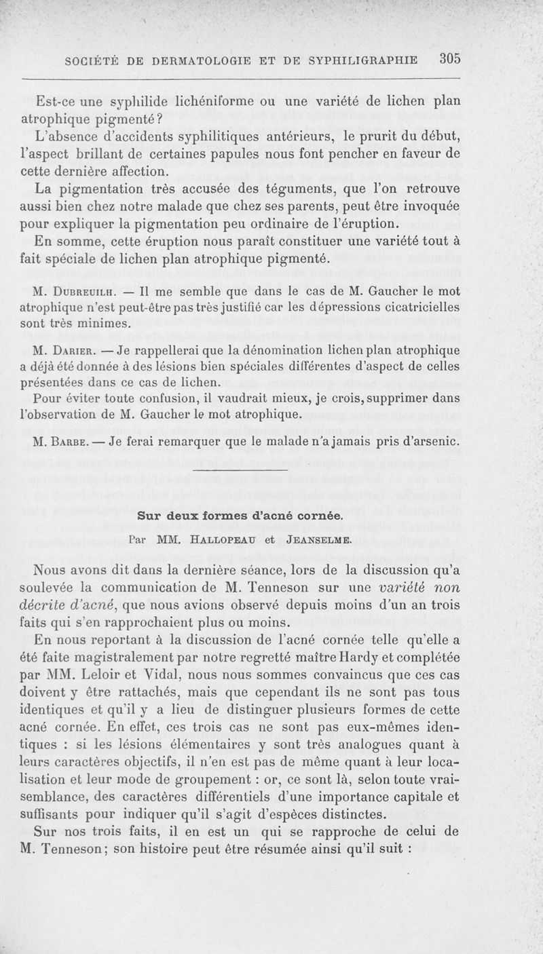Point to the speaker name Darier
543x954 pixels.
76,351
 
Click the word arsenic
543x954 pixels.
438,442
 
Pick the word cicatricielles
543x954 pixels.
419,307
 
